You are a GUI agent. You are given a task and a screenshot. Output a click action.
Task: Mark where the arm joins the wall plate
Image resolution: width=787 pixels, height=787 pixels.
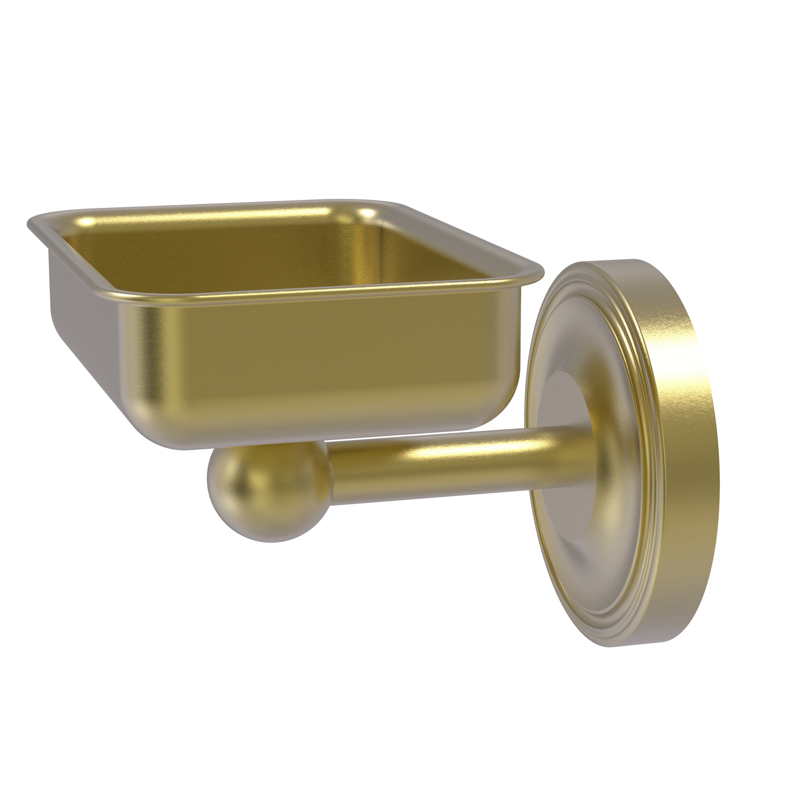pyautogui.click(x=558, y=456)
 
